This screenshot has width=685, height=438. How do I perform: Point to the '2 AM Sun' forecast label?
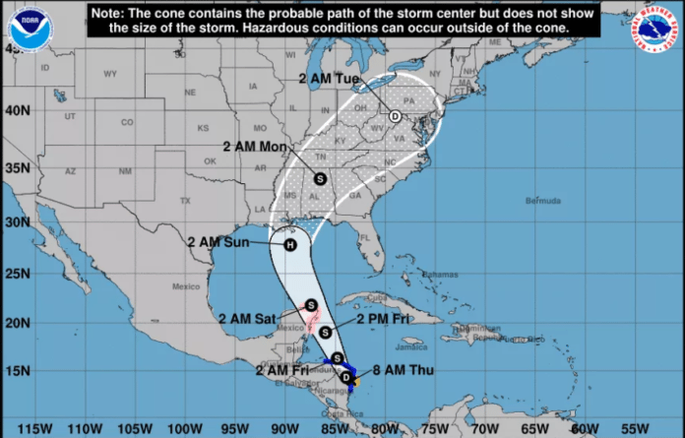click(x=219, y=239)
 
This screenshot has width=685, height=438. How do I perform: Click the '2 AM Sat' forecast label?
click(x=249, y=318)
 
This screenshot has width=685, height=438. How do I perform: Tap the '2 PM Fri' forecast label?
click(x=370, y=320)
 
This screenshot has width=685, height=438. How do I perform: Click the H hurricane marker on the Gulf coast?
click(x=289, y=244)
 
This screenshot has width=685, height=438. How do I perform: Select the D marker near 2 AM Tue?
click(x=395, y=116)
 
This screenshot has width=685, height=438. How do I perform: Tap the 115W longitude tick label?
click(x=33, y=428)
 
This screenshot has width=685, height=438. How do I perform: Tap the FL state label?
click(x=361, y=236)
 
